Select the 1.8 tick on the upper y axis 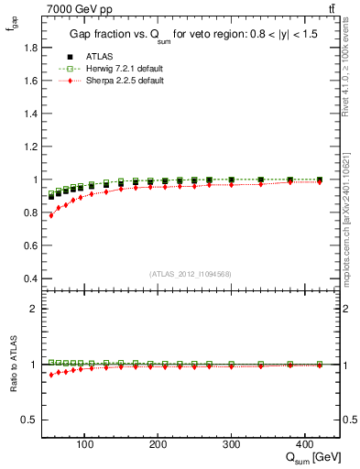coord(33,47)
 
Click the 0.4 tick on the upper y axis coord(33,278)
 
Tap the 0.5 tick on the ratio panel coord(33,420)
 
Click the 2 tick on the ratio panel coord(37,309)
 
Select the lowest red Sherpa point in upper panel coord(51,215)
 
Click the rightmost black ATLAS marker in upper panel coord(319,180)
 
